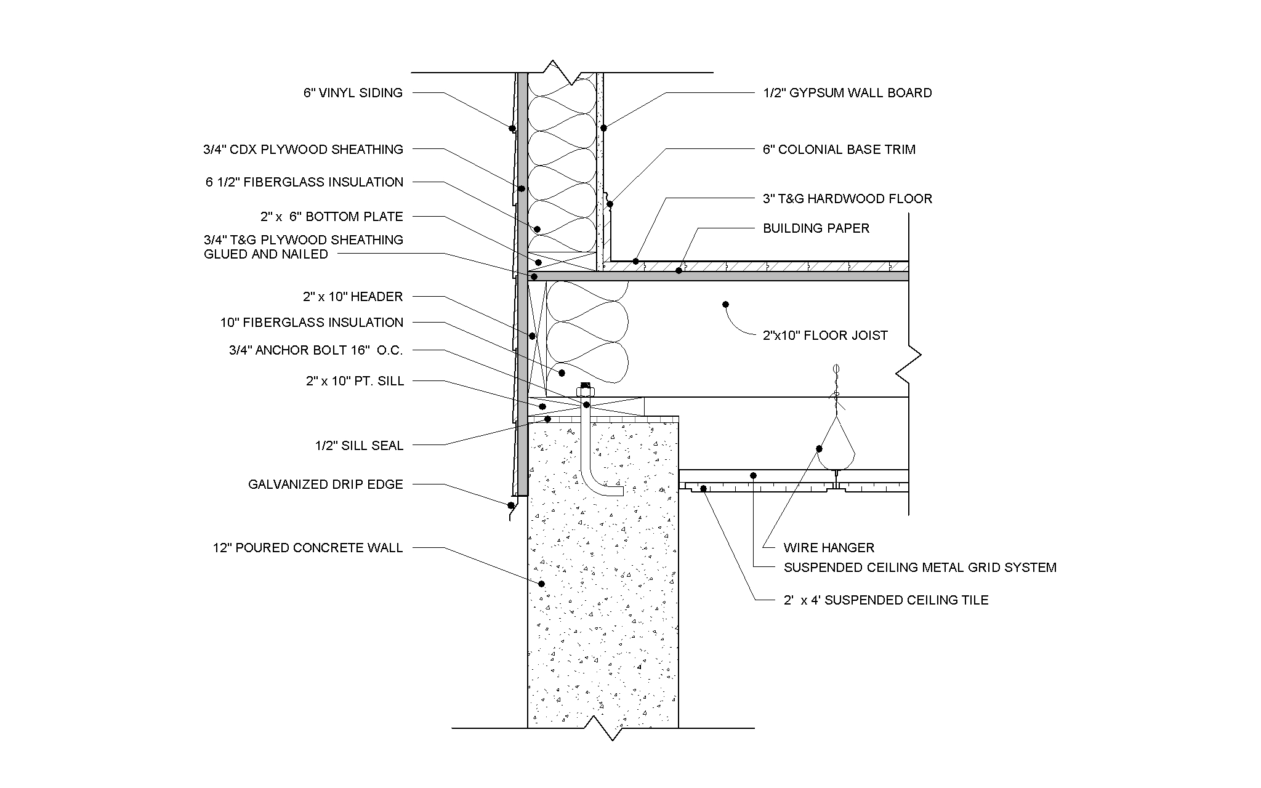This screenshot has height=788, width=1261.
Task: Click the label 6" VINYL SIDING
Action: tap(353, 93)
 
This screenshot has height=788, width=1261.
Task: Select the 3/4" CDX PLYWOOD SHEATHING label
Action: tap(303, 150)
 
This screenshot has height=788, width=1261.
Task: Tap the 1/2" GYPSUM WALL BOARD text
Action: tap(847, 93)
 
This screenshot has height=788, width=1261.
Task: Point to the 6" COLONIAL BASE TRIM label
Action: tap(839, 150)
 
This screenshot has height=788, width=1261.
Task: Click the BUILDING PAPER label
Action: tap(816, 228)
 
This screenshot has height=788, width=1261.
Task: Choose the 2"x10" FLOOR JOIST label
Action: tap(825, 336)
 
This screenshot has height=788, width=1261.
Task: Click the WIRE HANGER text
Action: tap(829, 548)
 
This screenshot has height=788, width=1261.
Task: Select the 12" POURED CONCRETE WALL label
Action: tap(308, 548)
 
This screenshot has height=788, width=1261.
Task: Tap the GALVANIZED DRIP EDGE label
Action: tap(325, 484)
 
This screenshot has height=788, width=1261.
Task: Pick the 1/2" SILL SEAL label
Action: tap(359, 446)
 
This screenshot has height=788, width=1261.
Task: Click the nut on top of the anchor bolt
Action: tap(585, 390)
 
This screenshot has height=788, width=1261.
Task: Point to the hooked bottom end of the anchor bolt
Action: tap(610, 492)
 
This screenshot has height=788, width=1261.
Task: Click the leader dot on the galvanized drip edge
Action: tap(510, 505)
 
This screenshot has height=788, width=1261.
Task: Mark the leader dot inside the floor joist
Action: tap(725, 304)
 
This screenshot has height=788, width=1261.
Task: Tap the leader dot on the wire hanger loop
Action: tap(820, 449)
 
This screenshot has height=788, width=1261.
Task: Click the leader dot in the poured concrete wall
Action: tap(542, 584)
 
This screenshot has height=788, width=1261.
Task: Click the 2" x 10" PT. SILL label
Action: tap(355, 382)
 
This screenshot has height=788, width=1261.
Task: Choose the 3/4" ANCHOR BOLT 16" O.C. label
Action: tap(316, 351)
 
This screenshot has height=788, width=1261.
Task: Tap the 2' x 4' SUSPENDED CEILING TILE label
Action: tap(885, 600)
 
